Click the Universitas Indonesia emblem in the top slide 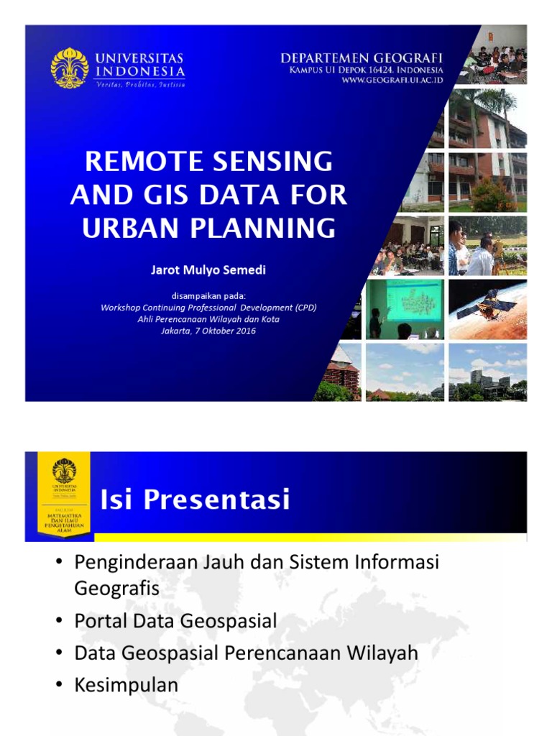point(70,68)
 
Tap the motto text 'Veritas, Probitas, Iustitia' point(140,84)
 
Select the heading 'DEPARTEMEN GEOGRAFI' point(362,57)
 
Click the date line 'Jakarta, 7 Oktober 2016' point(208,331)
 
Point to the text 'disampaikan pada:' point(208,295)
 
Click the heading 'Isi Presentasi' point(195,499)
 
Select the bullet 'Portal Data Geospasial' point(175,621)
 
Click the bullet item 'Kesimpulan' point(126,685)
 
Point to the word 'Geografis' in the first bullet point(116,589)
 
